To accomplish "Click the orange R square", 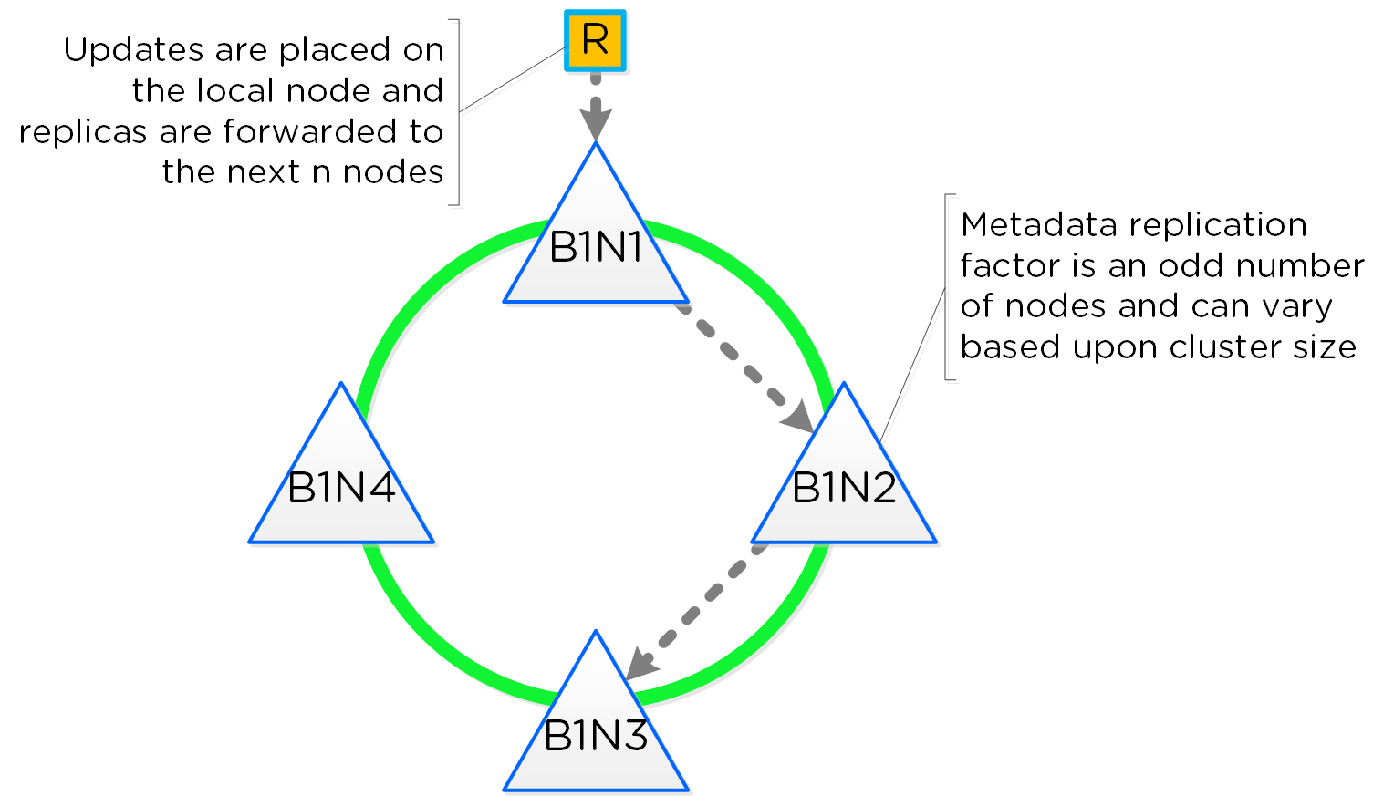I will (595, 41).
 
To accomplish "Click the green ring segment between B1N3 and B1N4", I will (429, 638).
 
